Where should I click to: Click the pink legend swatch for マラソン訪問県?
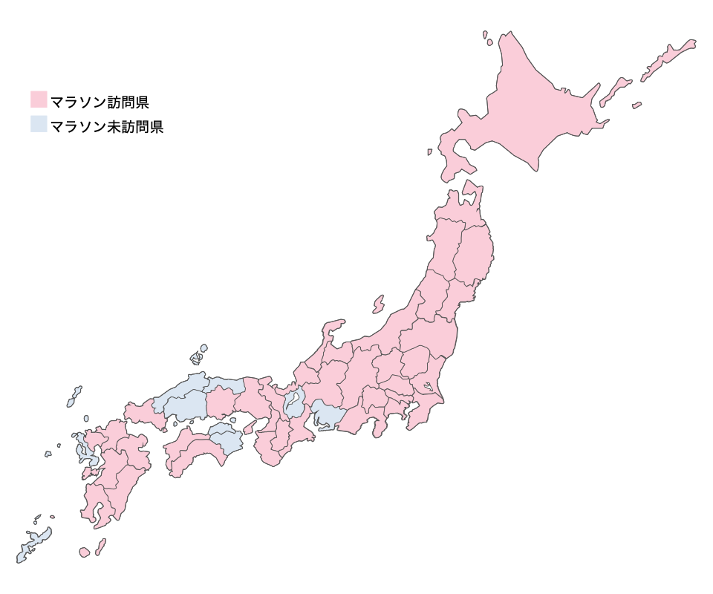pos(39,99)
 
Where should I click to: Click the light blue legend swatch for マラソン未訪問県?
pos(39,125)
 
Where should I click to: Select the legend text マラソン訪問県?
pos(100,101)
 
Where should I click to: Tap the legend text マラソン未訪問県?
pos(106,126)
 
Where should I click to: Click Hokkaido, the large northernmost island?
pos(535,104)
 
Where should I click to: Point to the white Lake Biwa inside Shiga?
pos(294,405)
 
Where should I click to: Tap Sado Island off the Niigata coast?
pos(379,304)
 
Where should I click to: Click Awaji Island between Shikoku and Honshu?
pos(250,426)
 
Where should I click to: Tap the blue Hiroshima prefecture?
pos(186,405)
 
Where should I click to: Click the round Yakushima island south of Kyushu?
pos(85,552)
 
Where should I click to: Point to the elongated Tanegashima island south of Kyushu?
pos(100,546)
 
